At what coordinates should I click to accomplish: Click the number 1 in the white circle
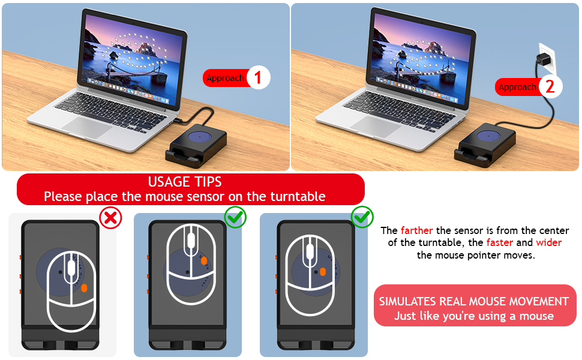pyautogui.click(x=258, y=78)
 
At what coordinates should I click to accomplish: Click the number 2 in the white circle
pyautogui.click(x=550, y=87)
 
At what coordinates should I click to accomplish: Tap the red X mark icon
pyautogui.click(x=110, y=218)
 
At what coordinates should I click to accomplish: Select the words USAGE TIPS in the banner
pyautogui.click(x=185, y=182)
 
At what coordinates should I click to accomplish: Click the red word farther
pyautogui.click(x=416, y=230)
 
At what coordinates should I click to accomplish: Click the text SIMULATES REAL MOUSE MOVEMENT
pyautogui.click(x=475, y=301)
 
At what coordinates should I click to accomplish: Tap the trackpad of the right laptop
pyautogui.click(x=373, y=126)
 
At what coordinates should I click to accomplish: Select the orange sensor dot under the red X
pyautogui.click(x=83, y=288)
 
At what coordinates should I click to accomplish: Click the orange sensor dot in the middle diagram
pyautogui.click(x=204, y=261)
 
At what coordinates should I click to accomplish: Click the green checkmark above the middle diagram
pyautogui.click(x=235, y=217)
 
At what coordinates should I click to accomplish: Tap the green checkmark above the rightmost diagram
pyautogui.click(x=362, y=217)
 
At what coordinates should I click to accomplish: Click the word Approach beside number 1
pyautogui.click(x=225, y=78)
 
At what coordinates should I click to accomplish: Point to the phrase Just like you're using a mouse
pyautogui.click(x=475, y=316)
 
